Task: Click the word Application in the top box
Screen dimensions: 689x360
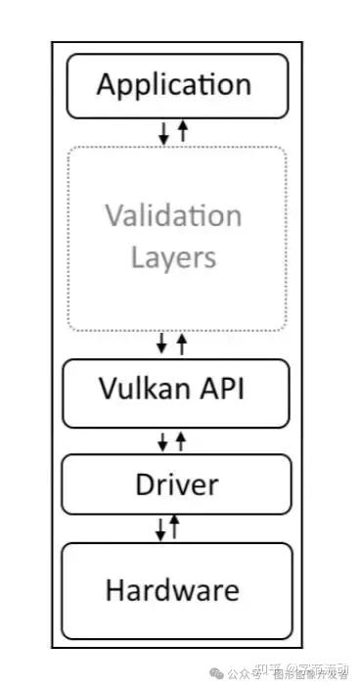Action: (174, 84)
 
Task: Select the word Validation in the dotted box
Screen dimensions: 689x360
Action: (173, 216)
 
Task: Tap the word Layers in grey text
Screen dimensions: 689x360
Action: (173, 257)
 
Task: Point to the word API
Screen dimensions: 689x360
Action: (224, 390)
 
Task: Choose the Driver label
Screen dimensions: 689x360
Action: (176, 484)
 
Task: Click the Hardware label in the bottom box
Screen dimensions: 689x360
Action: (172, 590)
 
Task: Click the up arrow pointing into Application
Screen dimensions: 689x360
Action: (182, 131)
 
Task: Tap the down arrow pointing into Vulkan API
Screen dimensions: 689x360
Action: (162, 344)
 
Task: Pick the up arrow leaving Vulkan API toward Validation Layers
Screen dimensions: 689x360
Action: (181, 344)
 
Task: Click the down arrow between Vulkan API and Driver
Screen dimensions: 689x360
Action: (162, 441)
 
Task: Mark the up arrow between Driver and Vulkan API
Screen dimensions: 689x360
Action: (180, 440)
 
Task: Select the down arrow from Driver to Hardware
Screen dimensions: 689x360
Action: (160, 529)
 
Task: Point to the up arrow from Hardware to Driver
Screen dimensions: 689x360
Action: (175, 528)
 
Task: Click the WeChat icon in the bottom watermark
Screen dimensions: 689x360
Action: (218, 673)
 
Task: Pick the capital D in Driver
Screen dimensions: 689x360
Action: (142, 484)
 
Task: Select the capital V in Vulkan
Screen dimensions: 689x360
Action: (108, 390)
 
